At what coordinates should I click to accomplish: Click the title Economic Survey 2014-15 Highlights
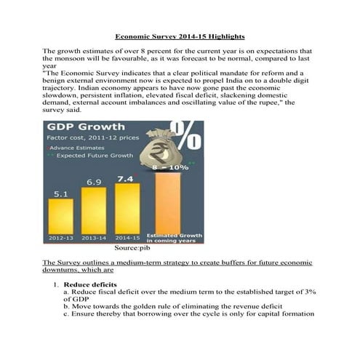(x=180, y=36)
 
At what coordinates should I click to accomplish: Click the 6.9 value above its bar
(x=94, y=181)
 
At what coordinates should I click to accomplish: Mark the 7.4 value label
(x=124, y=177)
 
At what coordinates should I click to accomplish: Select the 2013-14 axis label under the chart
(x=95, y=237)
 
